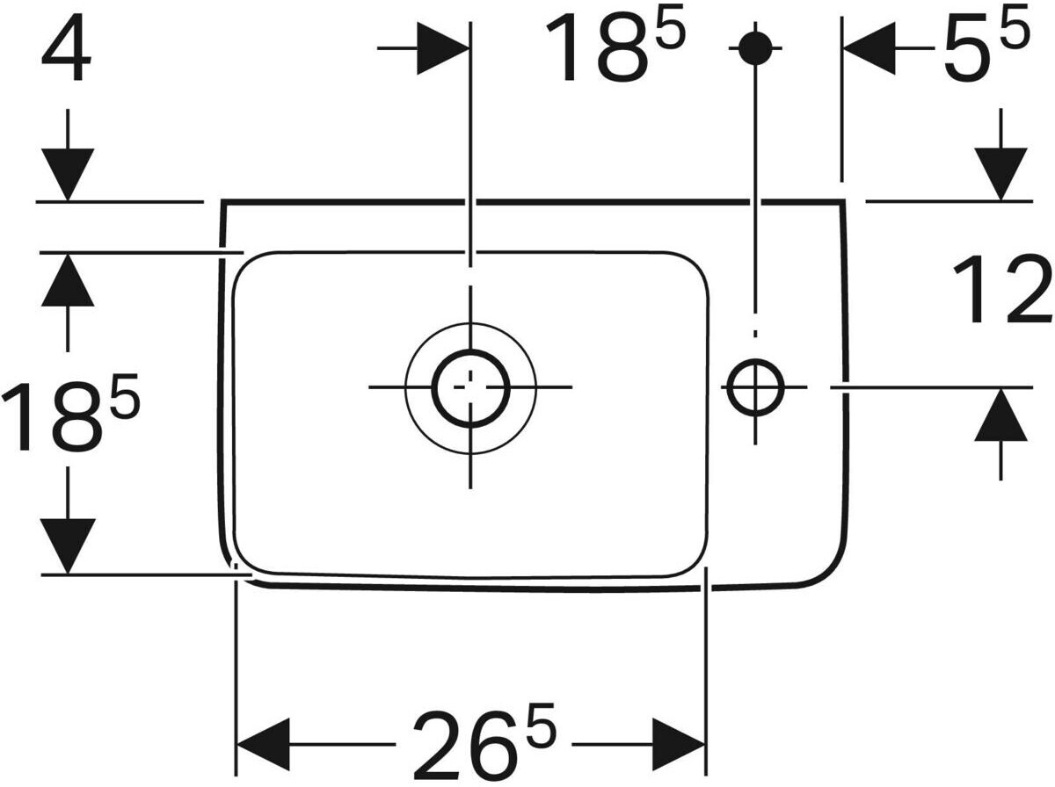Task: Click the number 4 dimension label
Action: tap(66, 54)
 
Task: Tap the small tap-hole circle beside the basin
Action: tap(754, 386)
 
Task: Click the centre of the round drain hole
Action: tap(471, 386)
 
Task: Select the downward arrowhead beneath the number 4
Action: tap(68, 173)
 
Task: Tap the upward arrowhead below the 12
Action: tap(1000, 416)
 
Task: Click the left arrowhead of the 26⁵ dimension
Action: tap(262, 746)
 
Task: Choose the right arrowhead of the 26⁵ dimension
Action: tap(679, 746)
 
